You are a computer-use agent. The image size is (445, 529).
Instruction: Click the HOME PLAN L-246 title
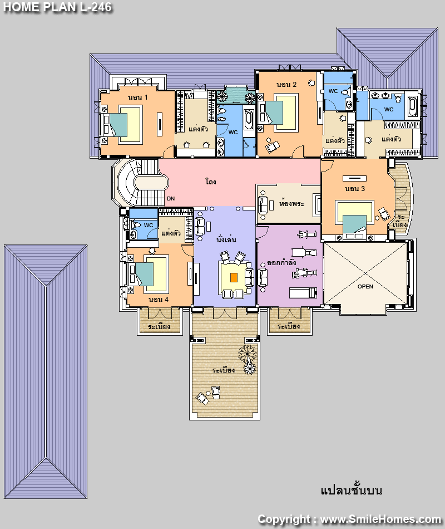click(x=57, y=7)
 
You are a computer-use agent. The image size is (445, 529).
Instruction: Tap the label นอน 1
click(x=137, y=97)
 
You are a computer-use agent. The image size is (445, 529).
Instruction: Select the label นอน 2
click(x=286, y=84)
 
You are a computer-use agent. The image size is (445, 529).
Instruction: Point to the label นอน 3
click(x=355, y=189)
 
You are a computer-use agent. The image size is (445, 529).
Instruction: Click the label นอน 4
click(x=159, y=299)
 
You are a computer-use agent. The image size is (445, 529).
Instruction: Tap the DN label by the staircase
click(x=171, y=199)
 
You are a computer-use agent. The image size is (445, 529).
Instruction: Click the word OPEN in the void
click(x=365, y=286)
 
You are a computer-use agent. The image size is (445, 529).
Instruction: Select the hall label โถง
click(x=211, y=182)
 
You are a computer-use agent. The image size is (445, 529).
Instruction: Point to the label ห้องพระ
click(x=291, y=203)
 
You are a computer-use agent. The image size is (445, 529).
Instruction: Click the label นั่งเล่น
click(x=226, y=239)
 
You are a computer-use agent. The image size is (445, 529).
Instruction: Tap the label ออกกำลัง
click(x=281, y=262)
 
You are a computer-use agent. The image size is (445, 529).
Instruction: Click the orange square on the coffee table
click(x=234, y=278)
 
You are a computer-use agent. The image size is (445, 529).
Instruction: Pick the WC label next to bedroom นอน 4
click(x=149, y=225)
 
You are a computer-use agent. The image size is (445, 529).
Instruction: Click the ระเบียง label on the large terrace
click(x=224, y=370)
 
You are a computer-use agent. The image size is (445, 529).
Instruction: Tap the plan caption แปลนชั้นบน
click(x=352, y=490)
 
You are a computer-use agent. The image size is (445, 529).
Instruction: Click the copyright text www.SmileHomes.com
click(x=380, y=519)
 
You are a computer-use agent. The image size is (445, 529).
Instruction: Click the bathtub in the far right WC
click(x=412, y=106)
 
